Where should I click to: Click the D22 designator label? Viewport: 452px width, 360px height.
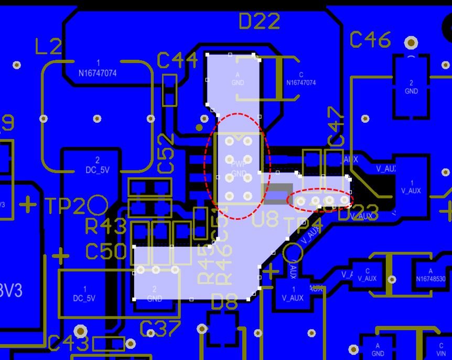click(259, 22)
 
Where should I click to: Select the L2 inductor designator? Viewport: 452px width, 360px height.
click(48, 47)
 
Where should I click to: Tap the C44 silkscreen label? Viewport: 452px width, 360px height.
click(177, 60)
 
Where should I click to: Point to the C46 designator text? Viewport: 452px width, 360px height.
click(370, 39)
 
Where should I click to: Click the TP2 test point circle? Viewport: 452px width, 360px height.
click(98, 205)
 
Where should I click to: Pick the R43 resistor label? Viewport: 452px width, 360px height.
click(106, 227)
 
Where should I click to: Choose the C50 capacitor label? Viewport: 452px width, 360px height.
click(106, 252)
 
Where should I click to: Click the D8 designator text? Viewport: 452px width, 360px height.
click(224, 302)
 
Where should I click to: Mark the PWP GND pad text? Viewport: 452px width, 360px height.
click(239, 169)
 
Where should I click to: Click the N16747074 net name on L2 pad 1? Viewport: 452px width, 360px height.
click(98, 73)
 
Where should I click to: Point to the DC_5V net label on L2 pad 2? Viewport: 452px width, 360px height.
click(98, 170)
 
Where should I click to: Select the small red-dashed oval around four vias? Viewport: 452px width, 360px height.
click(320, 199)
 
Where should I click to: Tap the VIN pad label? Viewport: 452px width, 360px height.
click(440, 354)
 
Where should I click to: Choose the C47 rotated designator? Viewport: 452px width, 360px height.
click(336, 126)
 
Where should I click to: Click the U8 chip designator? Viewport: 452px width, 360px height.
click(266, 219)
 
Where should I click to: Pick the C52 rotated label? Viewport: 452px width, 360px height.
click(166, 153)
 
